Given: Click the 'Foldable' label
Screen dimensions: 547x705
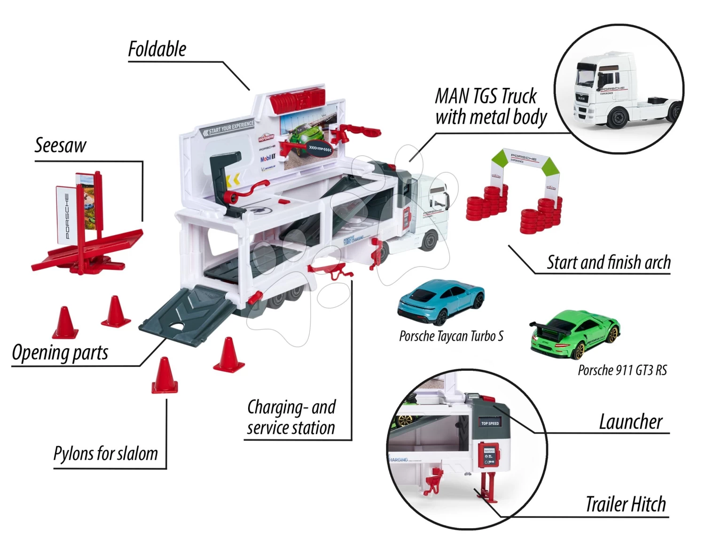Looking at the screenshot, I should (157, 49).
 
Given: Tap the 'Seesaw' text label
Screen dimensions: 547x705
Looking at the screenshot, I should (60, 146).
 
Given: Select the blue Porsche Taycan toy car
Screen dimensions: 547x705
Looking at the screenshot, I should (440, 302).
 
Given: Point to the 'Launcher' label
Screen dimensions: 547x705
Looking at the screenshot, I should (630, 422).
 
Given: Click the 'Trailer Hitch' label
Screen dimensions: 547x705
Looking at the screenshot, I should (626, 504).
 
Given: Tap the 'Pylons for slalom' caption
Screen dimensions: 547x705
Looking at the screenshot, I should (106, 454).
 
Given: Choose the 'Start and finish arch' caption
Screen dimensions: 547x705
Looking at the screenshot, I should (609, 262).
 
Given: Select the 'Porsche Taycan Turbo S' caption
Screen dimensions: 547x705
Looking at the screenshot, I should (451, 336).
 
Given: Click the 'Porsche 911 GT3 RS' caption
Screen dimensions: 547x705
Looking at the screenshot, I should (622, 370).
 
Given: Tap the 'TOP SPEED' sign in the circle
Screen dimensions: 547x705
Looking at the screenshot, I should (490, 423).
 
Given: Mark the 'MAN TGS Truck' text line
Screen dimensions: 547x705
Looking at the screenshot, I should (485, 96).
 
